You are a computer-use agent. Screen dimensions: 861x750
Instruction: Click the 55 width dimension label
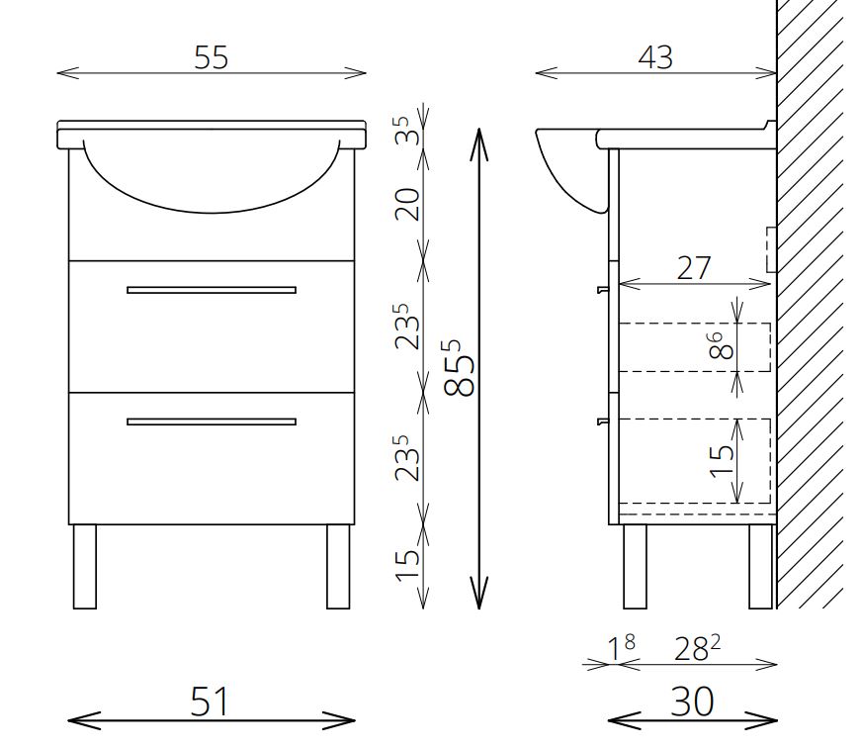(211, 57)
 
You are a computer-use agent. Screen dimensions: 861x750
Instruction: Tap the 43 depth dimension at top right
(655, 57)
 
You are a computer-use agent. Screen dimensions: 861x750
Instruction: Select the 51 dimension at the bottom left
(210, 702)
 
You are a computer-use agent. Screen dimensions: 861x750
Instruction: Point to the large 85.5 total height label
(459, 368)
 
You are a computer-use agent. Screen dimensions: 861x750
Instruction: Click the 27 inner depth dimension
(694, 268)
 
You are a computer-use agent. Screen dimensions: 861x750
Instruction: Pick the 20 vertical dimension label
(407, 204)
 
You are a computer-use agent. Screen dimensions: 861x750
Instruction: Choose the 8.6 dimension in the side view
(721, 345)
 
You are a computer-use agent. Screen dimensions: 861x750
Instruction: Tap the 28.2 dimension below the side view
(697, 648)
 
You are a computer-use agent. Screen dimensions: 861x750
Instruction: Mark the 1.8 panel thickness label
(621, 648)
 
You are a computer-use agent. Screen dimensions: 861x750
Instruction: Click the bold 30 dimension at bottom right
(692, 702)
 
